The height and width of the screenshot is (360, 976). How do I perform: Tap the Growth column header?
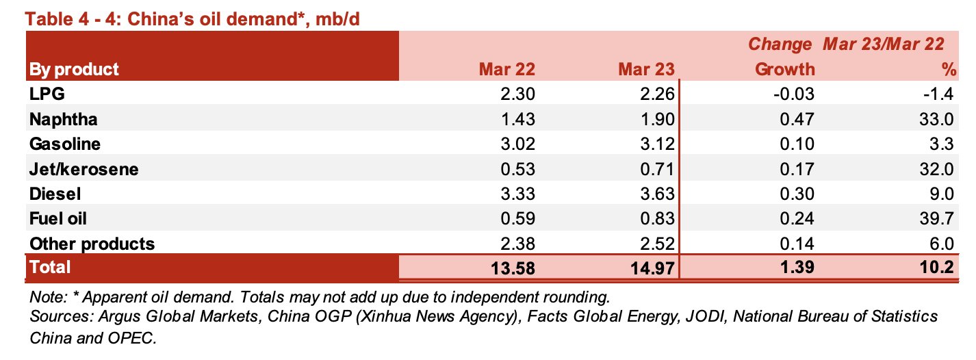click(x=784, y=69)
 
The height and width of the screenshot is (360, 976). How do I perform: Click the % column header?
click(x=947, y=69)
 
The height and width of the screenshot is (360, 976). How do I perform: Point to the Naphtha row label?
click(x=63, y=119)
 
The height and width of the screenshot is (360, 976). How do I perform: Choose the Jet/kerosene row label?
click(x=83, y=169)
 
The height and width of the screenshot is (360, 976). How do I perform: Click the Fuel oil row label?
click(x=57, y=219)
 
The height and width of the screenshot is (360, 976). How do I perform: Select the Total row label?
click(x=49, y=267)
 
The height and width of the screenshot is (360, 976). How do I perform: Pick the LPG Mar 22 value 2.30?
click(x=519, y=94)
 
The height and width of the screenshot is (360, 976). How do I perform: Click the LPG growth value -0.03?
click(x=791, y=94)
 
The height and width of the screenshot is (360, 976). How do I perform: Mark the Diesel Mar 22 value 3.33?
click(x=519, y=194)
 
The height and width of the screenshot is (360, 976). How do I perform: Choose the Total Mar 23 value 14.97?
click(x=652, y=268)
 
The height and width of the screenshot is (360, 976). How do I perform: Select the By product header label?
click(x=73, y=69)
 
